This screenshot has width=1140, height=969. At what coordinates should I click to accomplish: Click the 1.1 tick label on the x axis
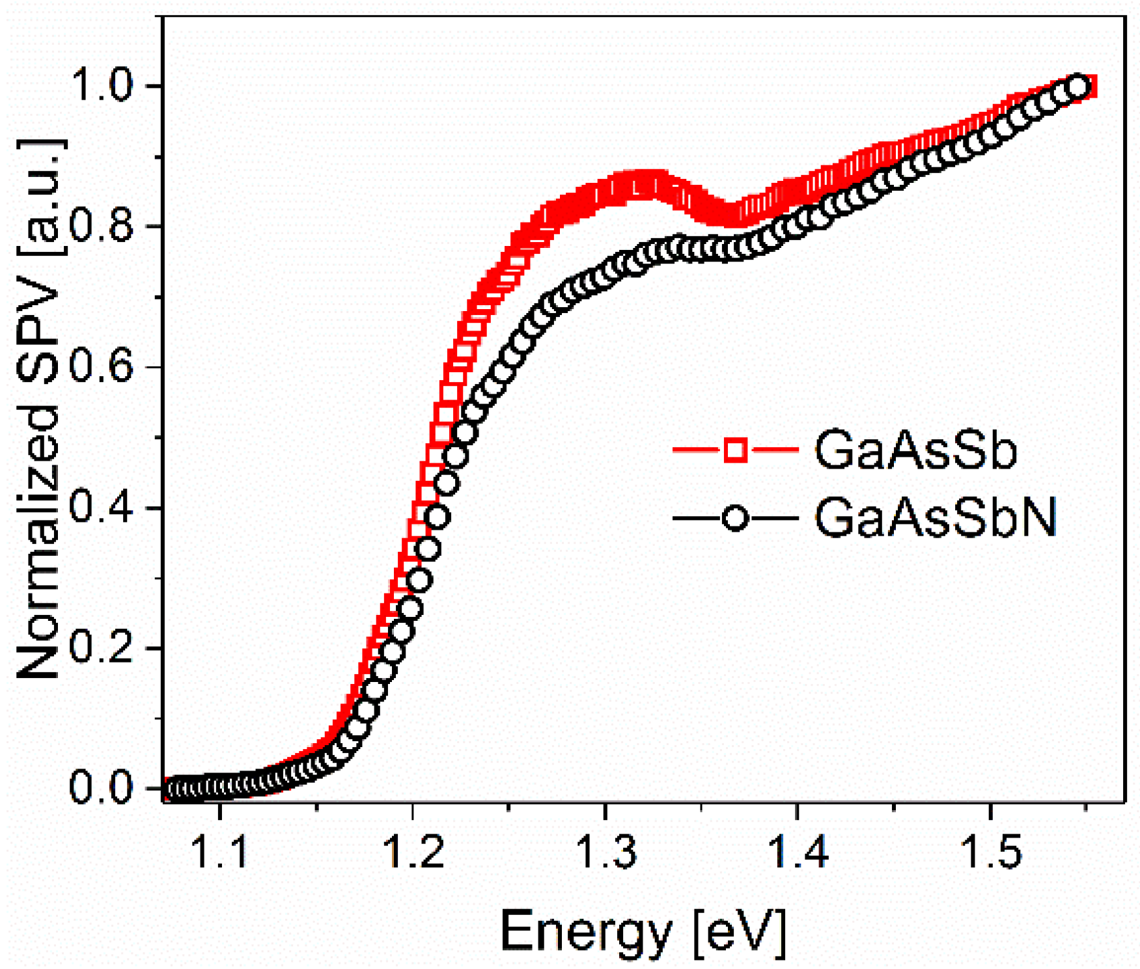click(x=220, y=852)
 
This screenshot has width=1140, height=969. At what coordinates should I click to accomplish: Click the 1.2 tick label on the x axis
click(x=413, y=852)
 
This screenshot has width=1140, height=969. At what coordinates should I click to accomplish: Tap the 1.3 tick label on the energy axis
click(x=605, y=852)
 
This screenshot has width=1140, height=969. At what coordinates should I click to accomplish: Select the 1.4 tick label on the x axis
click(x=798, y=852)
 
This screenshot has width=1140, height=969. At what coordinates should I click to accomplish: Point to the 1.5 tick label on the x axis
click(x=990, y=852)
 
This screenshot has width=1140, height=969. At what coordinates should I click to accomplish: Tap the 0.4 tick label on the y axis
click(x=101, y=507)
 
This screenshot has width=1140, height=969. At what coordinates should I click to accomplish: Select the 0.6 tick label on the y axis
click(x=101, y=366)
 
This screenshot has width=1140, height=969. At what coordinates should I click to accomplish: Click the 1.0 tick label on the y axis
click(x=101, y=85)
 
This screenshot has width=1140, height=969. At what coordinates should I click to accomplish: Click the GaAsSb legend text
click(x=915, y=450)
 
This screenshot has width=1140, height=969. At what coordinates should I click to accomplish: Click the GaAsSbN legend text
click(x=935, y=518)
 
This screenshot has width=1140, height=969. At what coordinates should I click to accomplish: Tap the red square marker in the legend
click(x=735, y=450)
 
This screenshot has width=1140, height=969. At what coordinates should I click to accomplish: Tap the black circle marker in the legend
click(x=735, y=518)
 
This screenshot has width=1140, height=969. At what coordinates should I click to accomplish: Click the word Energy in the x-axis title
click(x=585, y=931)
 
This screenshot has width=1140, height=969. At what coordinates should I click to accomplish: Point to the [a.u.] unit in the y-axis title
click(x=40, y=198)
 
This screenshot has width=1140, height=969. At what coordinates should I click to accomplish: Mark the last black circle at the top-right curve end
click(x=1077, y=87)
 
